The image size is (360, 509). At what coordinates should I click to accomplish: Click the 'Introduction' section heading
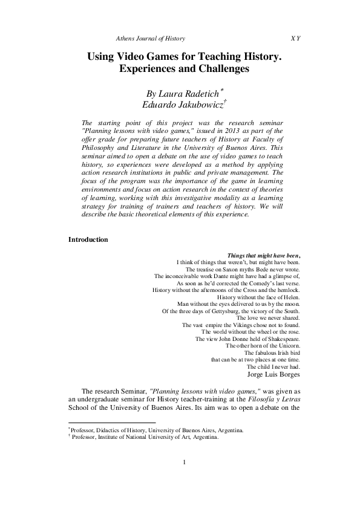pos(88,239)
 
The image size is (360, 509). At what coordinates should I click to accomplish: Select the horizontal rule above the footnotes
pos(112,423)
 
